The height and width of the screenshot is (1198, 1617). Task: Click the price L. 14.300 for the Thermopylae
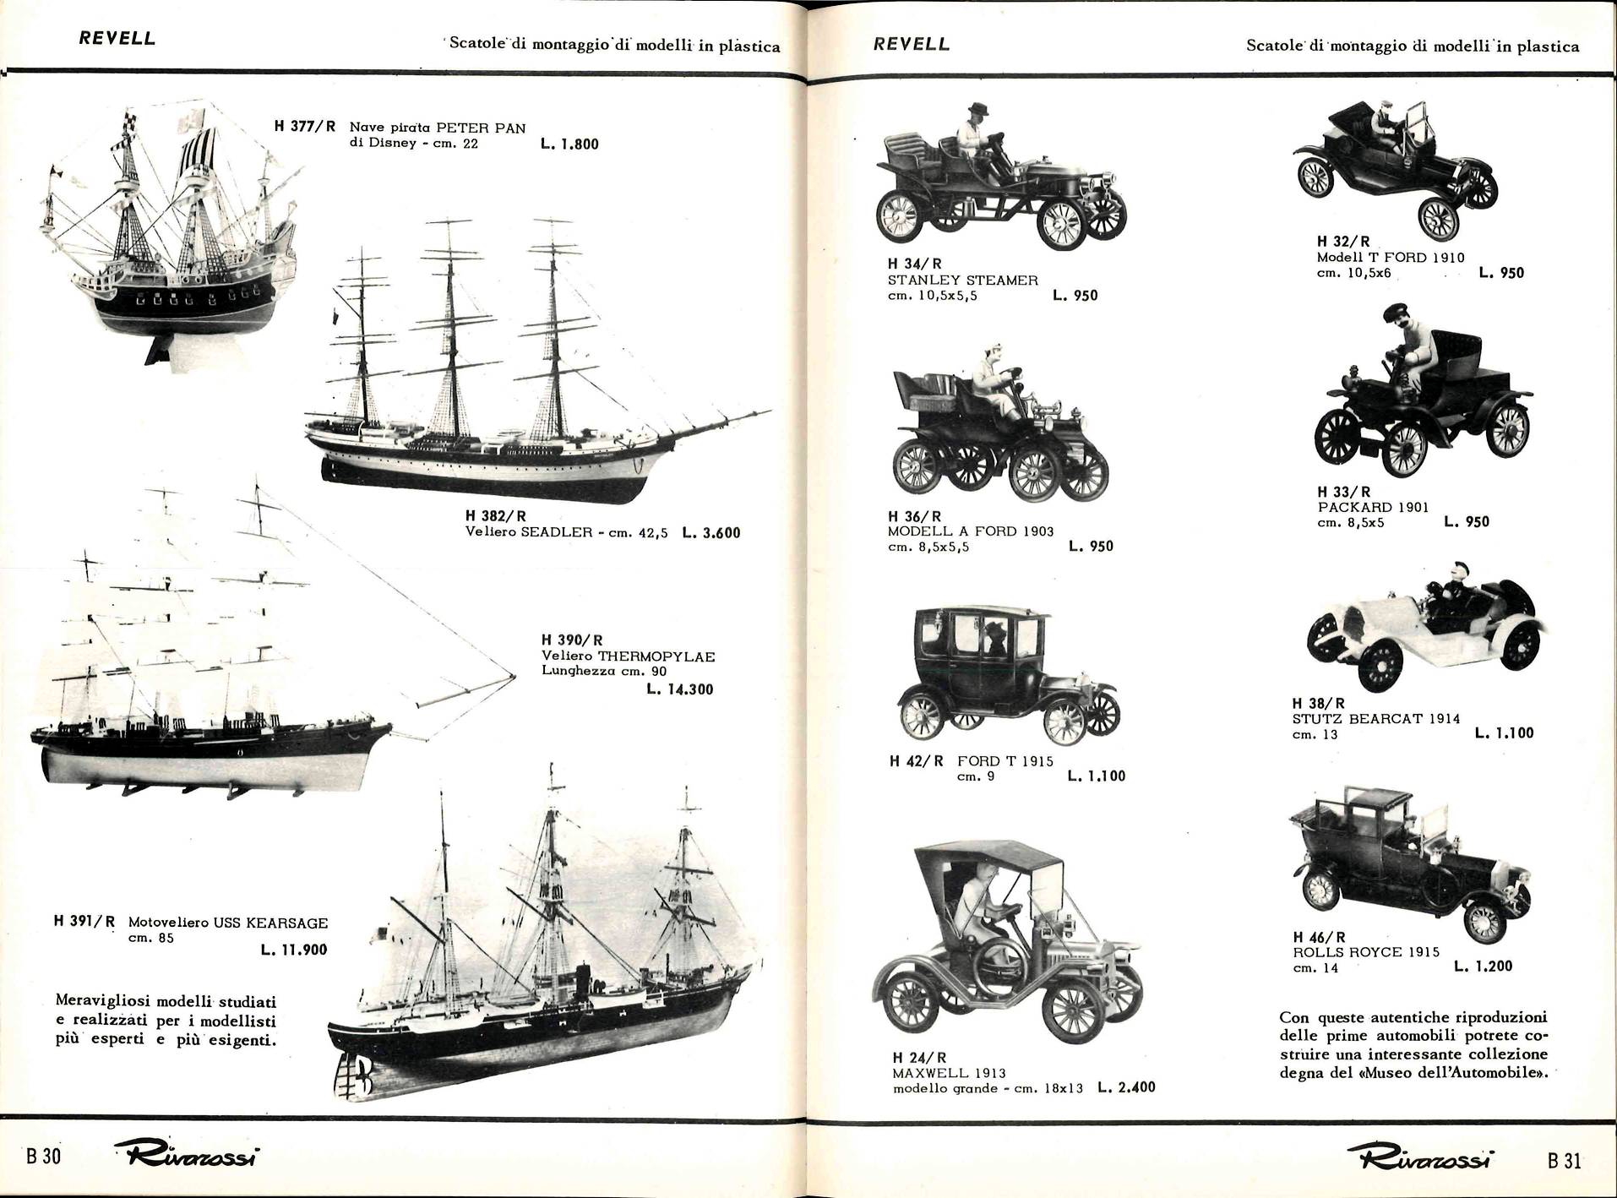point(679,689)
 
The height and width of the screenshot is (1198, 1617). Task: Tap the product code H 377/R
point(305,127)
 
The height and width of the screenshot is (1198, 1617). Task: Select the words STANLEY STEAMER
point(962,280)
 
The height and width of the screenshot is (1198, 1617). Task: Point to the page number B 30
point(44,1157)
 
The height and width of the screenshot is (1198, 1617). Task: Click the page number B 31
point(1564,1160)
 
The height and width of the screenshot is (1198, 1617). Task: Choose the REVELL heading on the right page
point(912,44)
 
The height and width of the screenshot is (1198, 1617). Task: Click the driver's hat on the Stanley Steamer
point(978,108)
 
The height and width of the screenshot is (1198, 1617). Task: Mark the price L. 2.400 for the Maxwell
point(1126,1087)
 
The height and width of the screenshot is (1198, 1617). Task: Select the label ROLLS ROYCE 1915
point(1366,952)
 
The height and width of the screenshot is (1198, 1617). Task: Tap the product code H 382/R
point(496,515)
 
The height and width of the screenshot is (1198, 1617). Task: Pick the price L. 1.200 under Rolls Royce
point(1483,966)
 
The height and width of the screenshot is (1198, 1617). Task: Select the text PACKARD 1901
point(1373,507)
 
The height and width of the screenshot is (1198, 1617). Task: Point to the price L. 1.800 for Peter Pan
point(569,144)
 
